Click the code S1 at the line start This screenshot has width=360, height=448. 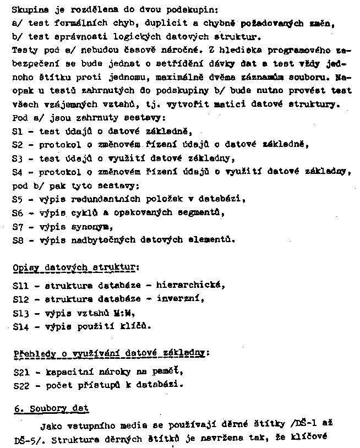pos(17,132)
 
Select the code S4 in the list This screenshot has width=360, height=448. pos(17,172)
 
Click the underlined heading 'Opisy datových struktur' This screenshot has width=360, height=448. pos(74,267)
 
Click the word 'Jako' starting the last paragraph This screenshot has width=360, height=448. pos(51,426)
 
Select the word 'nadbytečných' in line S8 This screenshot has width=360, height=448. pos(101,240)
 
